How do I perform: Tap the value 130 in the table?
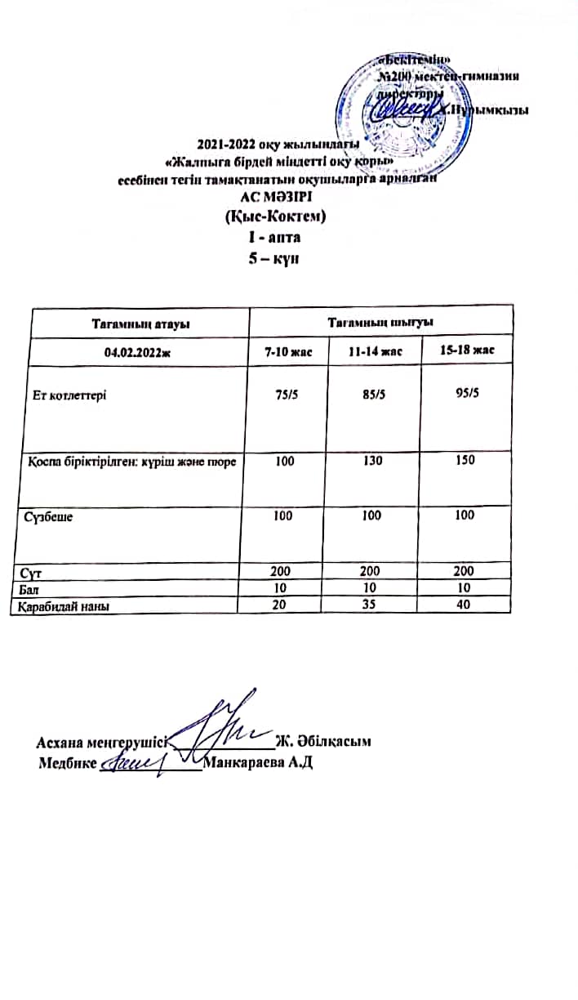[376, 462]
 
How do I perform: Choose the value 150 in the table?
[466, 461]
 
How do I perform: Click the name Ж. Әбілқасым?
[324, 742]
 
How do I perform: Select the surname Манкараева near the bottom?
[239, 761]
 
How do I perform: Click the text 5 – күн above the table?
[276, 258]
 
